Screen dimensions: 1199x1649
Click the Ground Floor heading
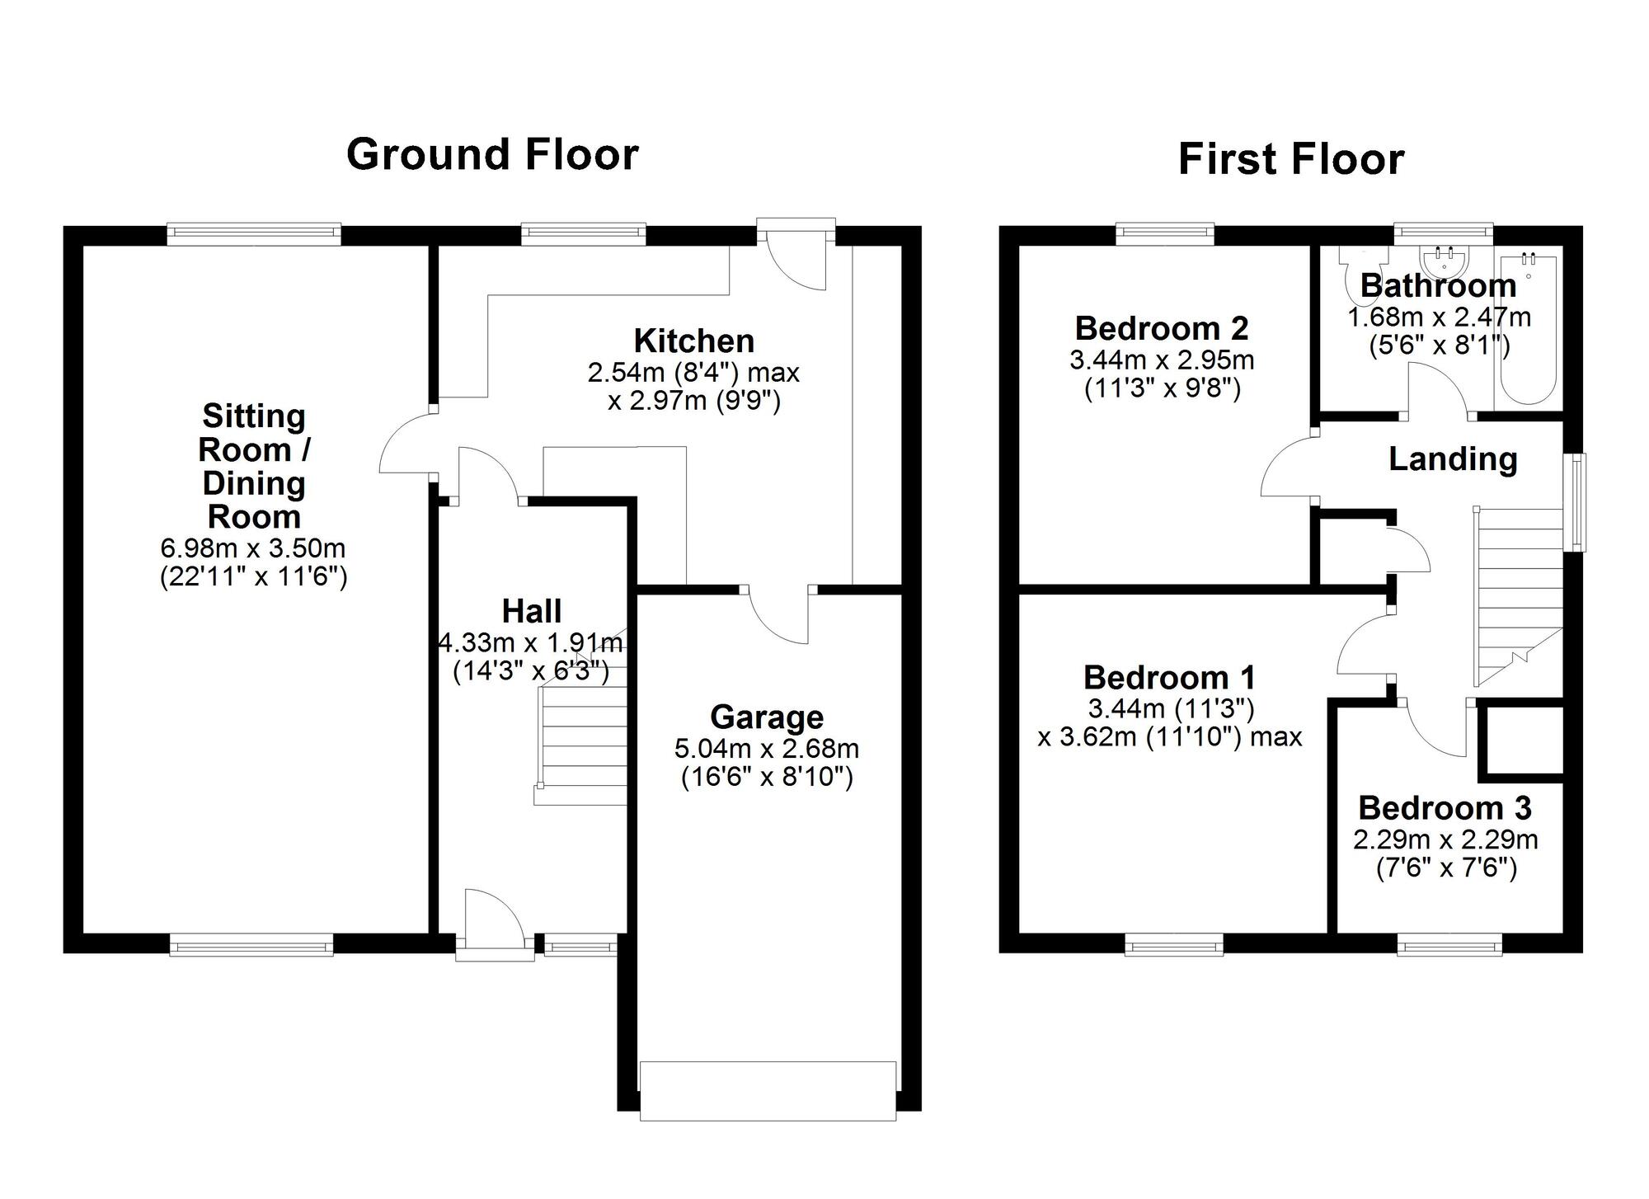[x=492, y=154]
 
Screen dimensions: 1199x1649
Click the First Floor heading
[x=1290, y=159]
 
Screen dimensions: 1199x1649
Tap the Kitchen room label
[x=693, y=341]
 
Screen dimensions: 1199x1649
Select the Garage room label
[x=767, y=717]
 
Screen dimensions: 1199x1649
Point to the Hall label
[x=532, y=611]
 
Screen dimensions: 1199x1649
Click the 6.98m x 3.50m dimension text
[x=253, y=548]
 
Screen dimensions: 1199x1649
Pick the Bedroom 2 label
[x=1162, y=328]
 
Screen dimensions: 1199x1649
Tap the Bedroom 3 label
[x=1445, y=808]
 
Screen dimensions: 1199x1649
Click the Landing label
[x=1453, y=459]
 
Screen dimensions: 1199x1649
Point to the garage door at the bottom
[x=768, y=1090]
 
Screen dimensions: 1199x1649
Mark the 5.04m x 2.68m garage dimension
[x=767, y=749]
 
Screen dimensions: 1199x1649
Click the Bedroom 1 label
[x=1169, y=678]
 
